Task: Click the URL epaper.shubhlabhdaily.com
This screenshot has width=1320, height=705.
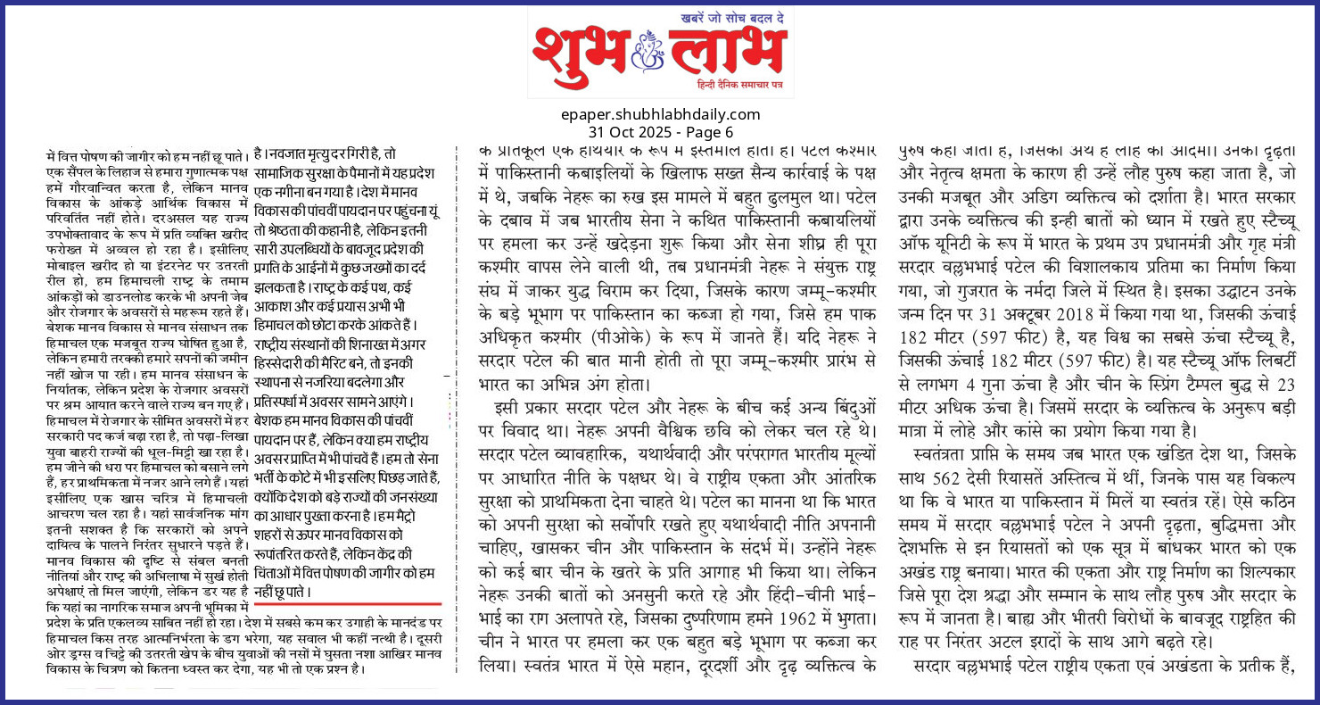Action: click(660, 114)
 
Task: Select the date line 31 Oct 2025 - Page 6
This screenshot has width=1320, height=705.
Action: click(660, 131)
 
